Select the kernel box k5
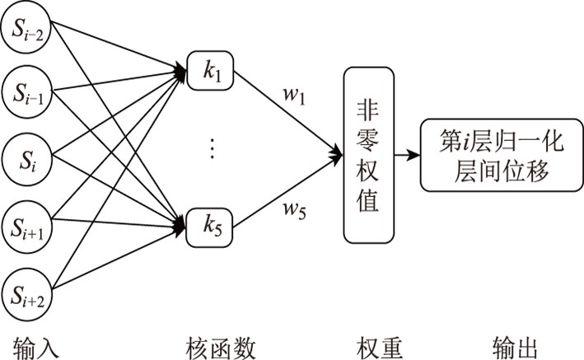tap(211, 222)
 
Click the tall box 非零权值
tap(368, 155)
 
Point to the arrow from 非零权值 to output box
tap(406, 155)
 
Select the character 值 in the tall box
tap(368, 201)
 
